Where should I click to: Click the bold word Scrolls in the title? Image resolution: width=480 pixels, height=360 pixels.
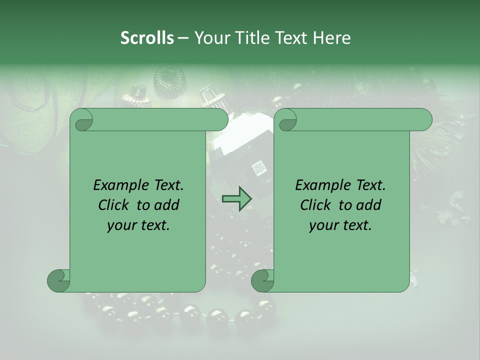pyautogui.click(x=147, y=38)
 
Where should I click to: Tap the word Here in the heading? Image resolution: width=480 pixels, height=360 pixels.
pyautogui.click(x=331, y=38)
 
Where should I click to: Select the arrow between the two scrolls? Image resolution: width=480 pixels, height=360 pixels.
pyautogui.click(x=236, y=198)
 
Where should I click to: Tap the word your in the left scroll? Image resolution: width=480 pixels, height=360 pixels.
pyautogui.click(x=120, y=225)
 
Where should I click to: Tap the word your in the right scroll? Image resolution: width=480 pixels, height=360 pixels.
pyautogui.click(x=322, y=225)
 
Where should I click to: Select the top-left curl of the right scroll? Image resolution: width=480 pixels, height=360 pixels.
pyautogui.click(x=287, y=120)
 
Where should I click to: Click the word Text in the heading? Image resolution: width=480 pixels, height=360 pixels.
pyautogui.click(x=292, y=38)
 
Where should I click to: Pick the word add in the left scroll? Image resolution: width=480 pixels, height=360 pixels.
pyautogui.click(x=167, y=205)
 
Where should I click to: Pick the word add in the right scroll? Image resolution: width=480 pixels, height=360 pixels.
pyautogui.click(x=369, y=205)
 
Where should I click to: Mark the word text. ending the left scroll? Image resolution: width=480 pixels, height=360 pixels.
pyautogui.click(x=153, y=225)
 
